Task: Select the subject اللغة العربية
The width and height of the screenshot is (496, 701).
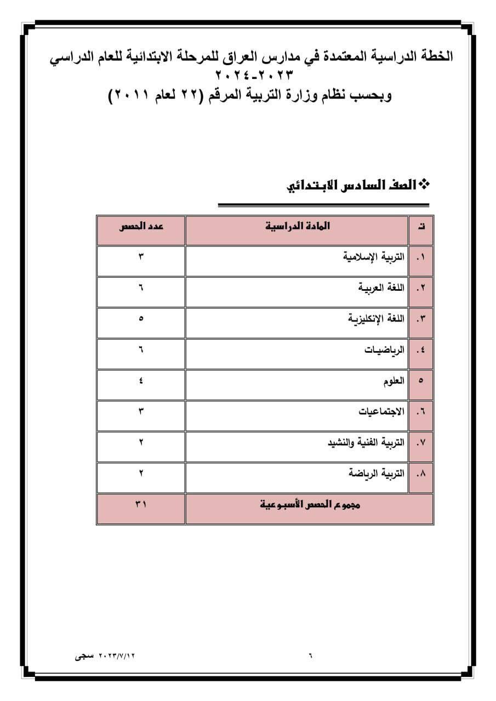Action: point(381,288)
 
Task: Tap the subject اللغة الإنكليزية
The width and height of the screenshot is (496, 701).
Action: point(377,319)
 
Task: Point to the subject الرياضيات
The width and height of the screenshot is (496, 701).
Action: point(384,349)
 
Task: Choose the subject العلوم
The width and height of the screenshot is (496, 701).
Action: point(394,381)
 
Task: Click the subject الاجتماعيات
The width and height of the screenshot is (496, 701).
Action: point(381,412)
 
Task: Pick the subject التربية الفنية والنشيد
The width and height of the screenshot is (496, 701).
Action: point(366,443)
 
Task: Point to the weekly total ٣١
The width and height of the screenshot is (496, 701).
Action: point(141,505)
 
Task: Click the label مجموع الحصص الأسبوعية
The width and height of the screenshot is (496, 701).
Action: point(310,505)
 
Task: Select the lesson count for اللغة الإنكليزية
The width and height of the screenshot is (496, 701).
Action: point(141,319)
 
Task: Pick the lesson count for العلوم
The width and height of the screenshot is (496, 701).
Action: point(141,381)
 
